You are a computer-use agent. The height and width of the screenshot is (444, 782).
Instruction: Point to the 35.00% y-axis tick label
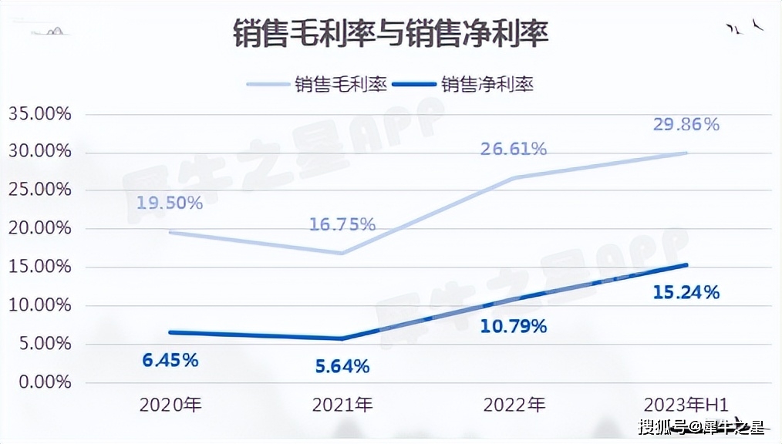point(39,113)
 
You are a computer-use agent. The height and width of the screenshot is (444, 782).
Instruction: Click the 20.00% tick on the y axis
point(39,228)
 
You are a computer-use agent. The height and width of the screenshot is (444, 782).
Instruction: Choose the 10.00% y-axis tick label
point(39,305)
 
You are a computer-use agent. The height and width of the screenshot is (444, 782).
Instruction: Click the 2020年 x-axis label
point(170,405)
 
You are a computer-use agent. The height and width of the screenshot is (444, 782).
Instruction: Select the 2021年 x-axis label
point(342,405)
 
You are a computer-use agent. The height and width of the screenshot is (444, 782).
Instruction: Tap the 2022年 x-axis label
point(514,405)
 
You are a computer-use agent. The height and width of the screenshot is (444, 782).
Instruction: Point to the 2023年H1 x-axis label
point(686,405)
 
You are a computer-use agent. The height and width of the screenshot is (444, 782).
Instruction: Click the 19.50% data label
point(170,203)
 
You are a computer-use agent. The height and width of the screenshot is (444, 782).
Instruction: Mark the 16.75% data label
point(342,224)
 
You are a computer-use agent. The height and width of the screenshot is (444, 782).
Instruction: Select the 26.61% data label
point(514,149)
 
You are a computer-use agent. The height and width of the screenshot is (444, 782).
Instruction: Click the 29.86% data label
point(686,124)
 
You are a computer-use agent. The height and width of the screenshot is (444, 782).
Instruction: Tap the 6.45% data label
point(170,360)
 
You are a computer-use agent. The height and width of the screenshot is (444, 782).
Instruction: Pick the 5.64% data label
point(342,367)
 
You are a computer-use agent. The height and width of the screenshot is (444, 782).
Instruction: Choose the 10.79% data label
point(514,326)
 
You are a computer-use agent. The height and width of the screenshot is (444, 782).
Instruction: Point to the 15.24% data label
point(686,293)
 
